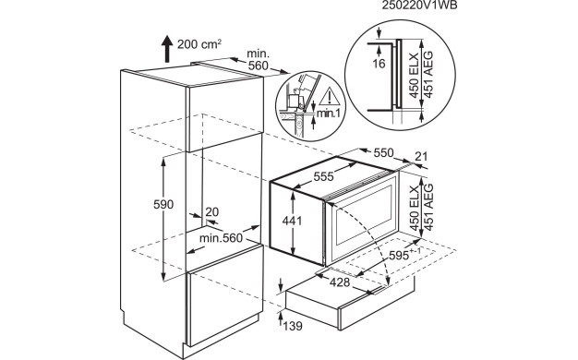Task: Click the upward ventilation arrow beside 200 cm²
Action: coord(167,49)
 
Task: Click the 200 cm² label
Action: coord(199,44)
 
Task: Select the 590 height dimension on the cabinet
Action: coord(163,205)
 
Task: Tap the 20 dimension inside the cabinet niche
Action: coord(212,212)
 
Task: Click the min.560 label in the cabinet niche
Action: coord(221,238)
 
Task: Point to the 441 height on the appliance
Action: coord(292,221)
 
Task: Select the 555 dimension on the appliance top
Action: coord(323,177)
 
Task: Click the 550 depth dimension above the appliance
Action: coord(383,152)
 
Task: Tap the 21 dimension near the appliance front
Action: coord(421,157)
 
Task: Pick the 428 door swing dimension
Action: coord(340,282)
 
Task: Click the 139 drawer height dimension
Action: coord(293,326)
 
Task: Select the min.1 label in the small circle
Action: coord(329,114)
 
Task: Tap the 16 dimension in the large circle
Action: coord(379,64)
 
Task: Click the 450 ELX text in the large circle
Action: coord(415,76)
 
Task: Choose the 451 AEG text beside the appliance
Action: coord(427,208)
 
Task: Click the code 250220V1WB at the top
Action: coord(419,6)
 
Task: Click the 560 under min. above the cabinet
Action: coord(258,66)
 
